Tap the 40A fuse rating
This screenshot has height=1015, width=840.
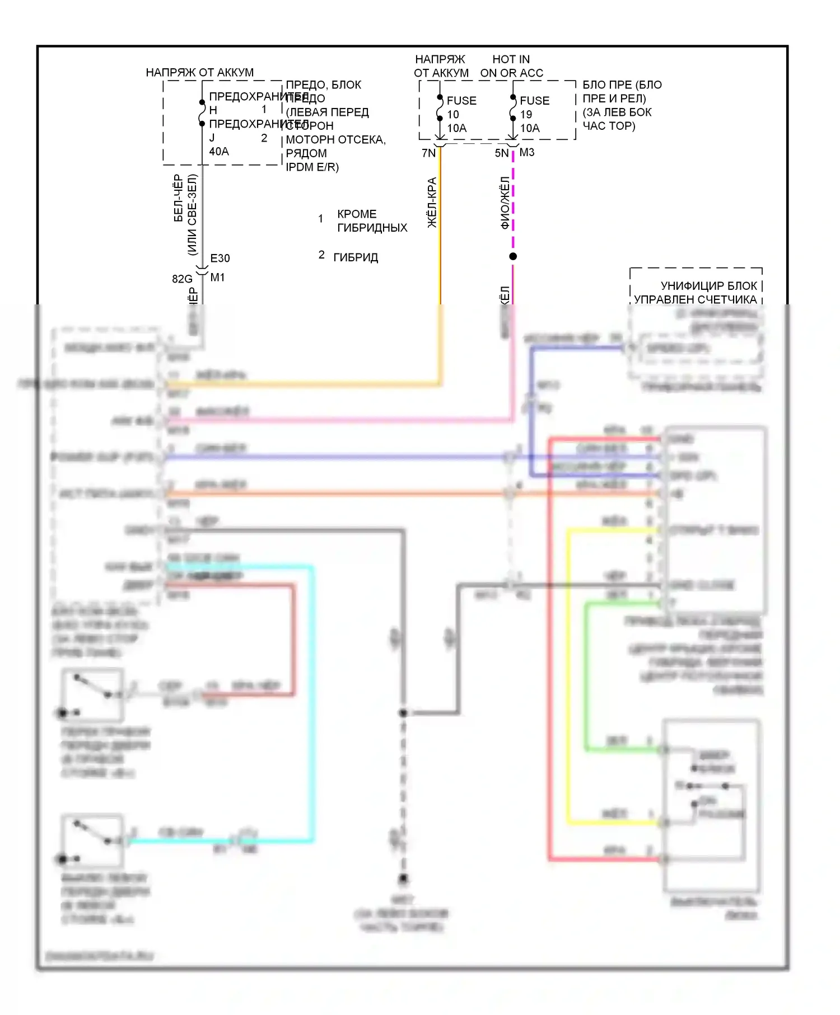coord(218,151)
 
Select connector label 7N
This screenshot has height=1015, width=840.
coord(428,153)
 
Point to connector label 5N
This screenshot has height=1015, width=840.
coord(501,153)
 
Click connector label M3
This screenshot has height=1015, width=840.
coord(527,152)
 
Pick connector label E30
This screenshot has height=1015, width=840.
coord(220,258)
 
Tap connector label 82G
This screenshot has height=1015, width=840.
coord(182,279)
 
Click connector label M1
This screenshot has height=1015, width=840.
coord(217,277)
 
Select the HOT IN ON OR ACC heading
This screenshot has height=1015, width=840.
coord(511,66)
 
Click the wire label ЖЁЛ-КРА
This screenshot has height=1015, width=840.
coord(432,203)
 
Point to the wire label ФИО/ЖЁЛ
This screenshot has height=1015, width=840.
coord(505,203)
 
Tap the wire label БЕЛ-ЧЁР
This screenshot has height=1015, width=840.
coord(178,198)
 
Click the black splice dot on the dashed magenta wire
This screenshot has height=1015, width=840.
coord(513,256)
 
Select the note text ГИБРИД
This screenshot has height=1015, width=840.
coord(356,257)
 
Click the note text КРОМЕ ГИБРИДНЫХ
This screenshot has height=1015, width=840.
coord(372,221)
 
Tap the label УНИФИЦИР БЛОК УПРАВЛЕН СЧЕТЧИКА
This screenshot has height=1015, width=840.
coord(696,293)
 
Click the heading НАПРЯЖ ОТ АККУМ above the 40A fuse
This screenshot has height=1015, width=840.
coord(199,72)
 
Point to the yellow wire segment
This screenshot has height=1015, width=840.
coord(568,671)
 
